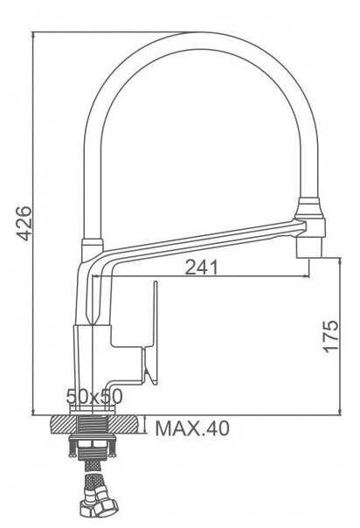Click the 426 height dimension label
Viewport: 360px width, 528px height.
point(24,223)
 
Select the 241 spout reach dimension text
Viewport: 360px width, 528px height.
point(202,267)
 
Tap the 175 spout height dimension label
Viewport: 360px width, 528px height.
point(330,337)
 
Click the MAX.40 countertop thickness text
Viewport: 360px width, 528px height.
point(192,428)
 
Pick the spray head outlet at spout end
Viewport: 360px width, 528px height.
point(309,247)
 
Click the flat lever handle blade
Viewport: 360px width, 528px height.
point(156,332)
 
